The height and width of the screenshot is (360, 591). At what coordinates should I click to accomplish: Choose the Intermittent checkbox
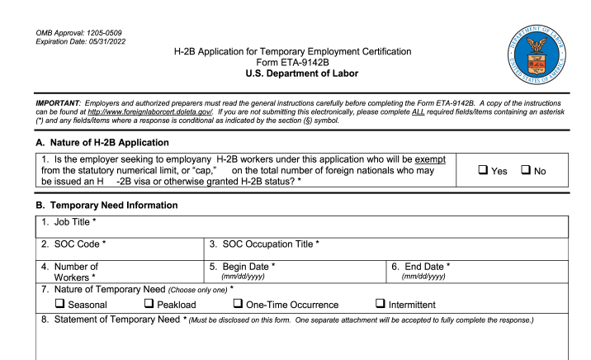381,306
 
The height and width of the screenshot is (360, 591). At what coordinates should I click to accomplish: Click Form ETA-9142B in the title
295,64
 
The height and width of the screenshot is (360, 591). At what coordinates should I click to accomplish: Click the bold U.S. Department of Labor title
295,75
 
